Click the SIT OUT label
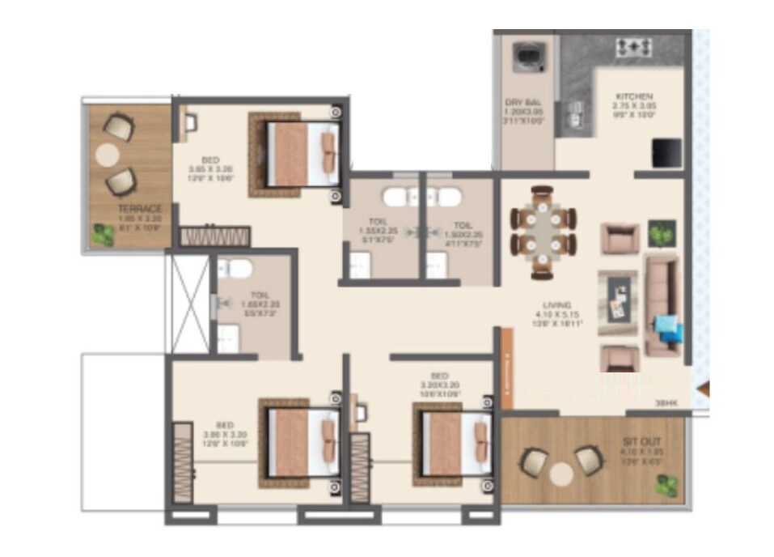(636, 443)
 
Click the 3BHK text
(666, 402)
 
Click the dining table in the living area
(543, 232)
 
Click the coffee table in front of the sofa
(617, 297)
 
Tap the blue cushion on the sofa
(668, 328)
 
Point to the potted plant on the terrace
(103, 235)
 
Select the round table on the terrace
(108, 153)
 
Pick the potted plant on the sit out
(667, 486)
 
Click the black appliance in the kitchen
(667, 151)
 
